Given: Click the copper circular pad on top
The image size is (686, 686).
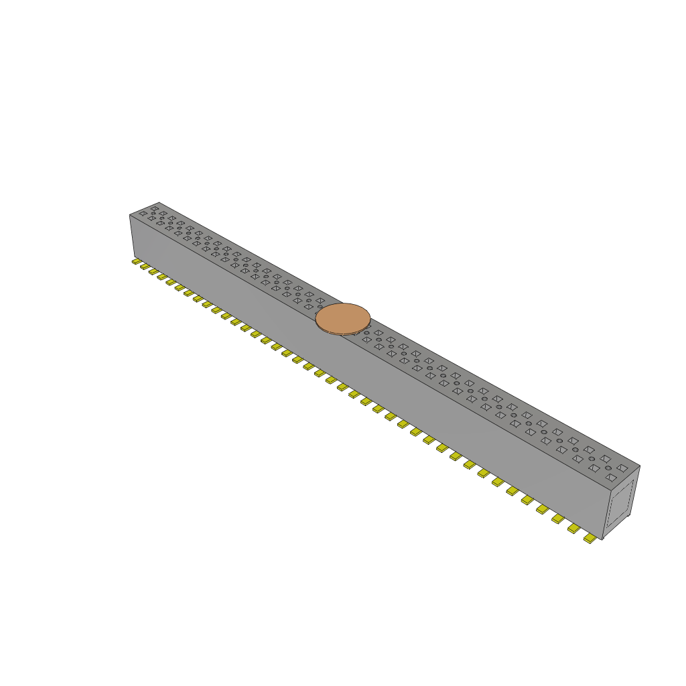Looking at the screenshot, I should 343,318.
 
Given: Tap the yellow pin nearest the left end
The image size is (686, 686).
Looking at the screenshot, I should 136,261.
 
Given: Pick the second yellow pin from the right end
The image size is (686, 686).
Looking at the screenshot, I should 573,529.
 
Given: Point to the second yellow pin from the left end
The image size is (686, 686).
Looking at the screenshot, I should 145,267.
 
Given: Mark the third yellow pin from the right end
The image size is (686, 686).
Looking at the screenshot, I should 558,519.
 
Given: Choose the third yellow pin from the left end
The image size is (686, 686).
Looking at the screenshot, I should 153,271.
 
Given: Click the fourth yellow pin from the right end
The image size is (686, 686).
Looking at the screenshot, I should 543,509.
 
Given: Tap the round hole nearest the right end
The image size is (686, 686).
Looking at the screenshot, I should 608,468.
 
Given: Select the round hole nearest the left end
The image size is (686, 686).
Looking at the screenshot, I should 153,213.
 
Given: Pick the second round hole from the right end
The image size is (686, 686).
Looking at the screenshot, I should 592,459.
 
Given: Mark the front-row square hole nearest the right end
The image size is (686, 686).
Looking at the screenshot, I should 611,478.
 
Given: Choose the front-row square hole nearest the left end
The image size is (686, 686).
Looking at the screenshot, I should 143,214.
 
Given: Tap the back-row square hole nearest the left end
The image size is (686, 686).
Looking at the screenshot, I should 154,208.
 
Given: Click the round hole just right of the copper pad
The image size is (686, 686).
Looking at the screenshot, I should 366,333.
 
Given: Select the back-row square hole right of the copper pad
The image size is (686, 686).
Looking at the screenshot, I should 379,332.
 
